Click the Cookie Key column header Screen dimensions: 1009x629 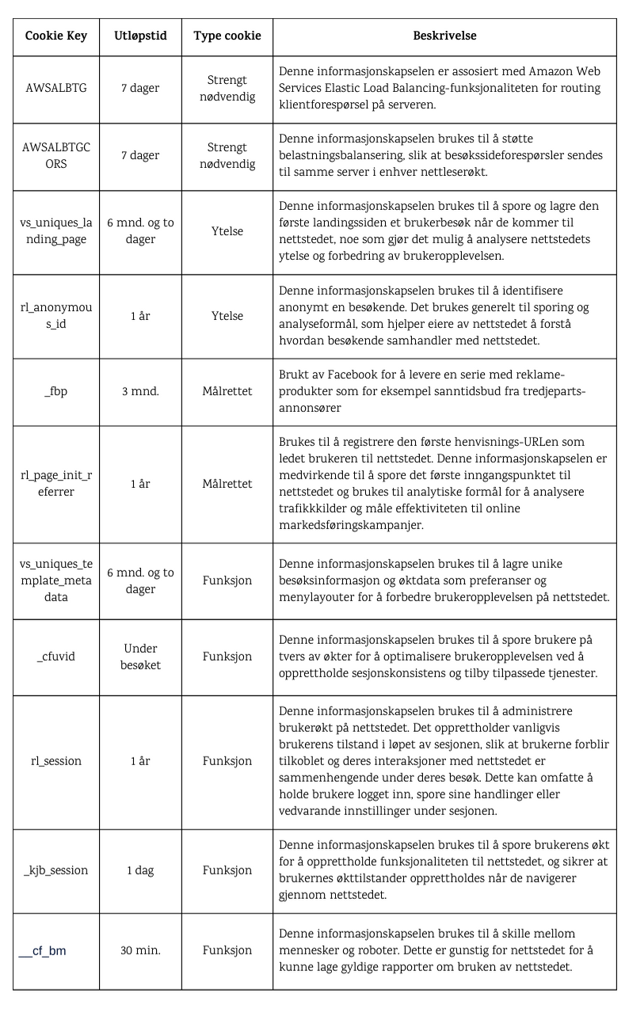pos(56,36)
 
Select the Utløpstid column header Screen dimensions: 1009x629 pos(140,36)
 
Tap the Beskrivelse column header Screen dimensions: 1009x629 pos(444,36)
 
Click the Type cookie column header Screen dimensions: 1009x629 pos(227,36)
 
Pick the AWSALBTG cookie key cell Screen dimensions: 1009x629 pos(56,89)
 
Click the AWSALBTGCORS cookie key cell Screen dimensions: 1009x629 pos(56,156)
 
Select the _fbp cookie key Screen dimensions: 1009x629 pos(56,392)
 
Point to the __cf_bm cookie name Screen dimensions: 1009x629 pos(43,950)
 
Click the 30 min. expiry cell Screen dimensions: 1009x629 pos(140,950)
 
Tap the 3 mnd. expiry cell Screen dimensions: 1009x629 pos(140,392)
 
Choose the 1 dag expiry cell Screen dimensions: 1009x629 pos(140,870)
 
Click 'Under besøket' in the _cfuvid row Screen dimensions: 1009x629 pos(140,657)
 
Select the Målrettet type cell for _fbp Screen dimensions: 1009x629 pos(227,392)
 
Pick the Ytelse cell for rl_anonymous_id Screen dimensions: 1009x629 pos(227,316)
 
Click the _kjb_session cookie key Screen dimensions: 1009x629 pos(56,870)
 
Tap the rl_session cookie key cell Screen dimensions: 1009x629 pos(56,761)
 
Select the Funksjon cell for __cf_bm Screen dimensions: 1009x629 pos(227,950)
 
